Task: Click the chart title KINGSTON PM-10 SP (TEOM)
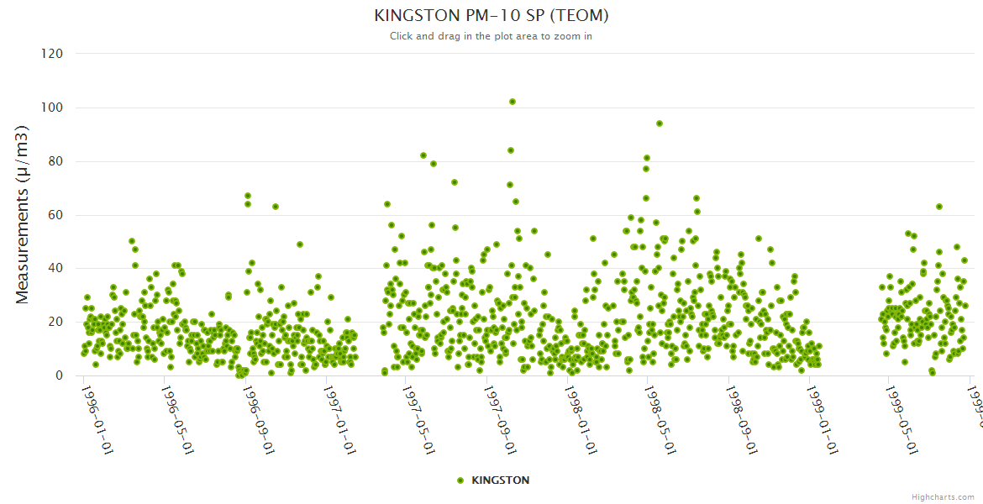tap(491, 15)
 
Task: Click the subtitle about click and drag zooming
tap(491, 36)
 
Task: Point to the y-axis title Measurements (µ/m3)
tap(23, 214)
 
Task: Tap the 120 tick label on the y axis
tap(52, 54)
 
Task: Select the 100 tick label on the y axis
tap(52, 108)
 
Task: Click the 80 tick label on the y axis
tap(55, 161)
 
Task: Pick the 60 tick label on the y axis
tap(55, 215)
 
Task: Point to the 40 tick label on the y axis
tap(55, 269)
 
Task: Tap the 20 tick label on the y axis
tap(55, 322)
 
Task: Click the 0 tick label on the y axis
tap(59, 375)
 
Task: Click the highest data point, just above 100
tap(513, 102)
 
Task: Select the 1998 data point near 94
tap(660, 123)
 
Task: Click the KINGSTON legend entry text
tap(501, 480)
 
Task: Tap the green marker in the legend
tap(460, 480)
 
